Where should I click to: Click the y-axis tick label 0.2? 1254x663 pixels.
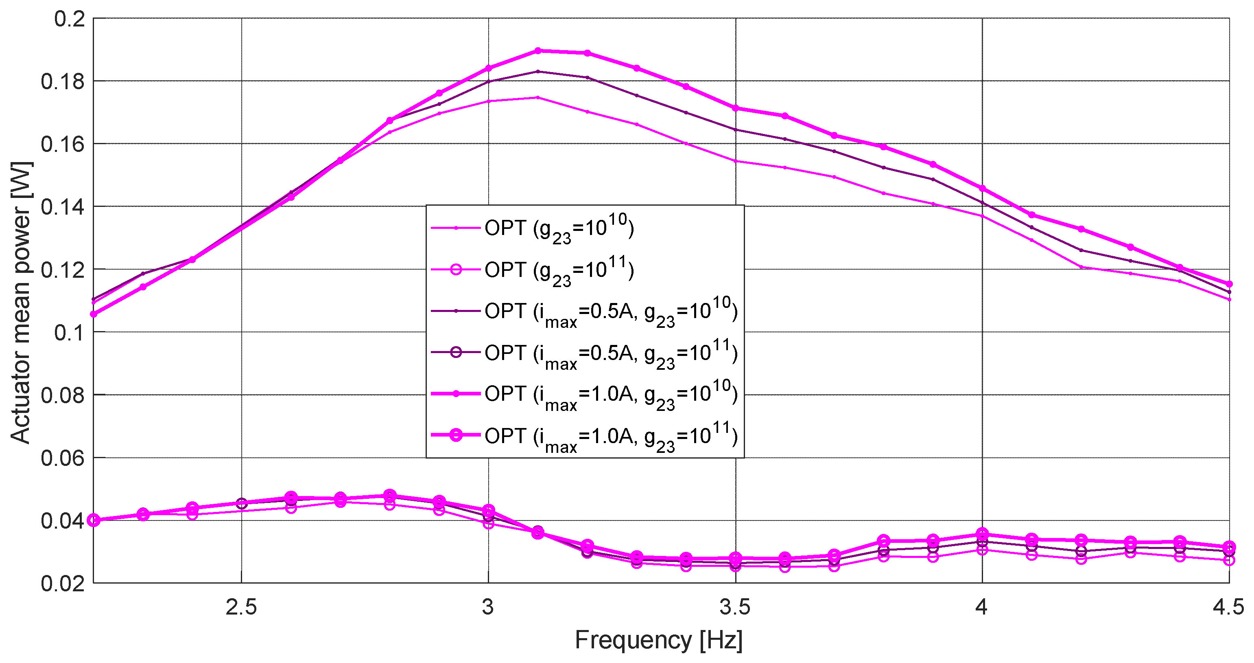point(69,20)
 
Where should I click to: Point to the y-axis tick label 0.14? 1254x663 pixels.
point(63,207)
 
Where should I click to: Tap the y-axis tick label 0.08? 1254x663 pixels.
point(63,395)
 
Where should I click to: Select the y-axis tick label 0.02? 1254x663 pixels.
point(63,583)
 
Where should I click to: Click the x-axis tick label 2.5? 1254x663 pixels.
point(241,608)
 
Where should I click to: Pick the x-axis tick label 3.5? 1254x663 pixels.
point(735,608)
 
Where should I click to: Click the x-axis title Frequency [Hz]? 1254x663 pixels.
point(659,640)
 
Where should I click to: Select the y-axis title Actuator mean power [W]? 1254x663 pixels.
point(20,302)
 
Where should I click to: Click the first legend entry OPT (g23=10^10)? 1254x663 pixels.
point(559,228)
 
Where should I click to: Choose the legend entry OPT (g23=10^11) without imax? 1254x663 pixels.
point(559,270)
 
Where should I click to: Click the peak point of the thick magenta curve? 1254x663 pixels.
point(538,50)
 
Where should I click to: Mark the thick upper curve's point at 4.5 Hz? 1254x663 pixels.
point(1229,284)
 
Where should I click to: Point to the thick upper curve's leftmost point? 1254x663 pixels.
point(94,314)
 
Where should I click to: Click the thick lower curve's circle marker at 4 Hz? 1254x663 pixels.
point(982,534)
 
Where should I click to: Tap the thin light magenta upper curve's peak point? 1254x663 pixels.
point(538,97)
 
